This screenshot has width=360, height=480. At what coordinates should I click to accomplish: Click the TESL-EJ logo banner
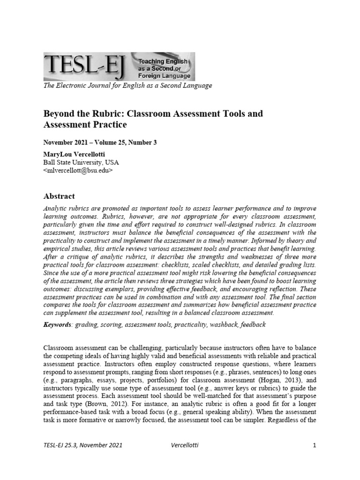coord(119,66)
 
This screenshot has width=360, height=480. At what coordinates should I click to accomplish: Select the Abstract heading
coord(59,196)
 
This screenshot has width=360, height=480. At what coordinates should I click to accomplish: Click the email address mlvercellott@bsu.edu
coord(78,171)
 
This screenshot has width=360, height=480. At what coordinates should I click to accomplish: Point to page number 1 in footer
coord(315,445)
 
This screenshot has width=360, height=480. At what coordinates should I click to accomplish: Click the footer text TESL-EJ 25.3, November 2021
coord(82,445)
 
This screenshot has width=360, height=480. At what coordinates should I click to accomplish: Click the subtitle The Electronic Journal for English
coord(127,85)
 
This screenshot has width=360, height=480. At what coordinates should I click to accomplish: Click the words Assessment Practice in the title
coord(85,125)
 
